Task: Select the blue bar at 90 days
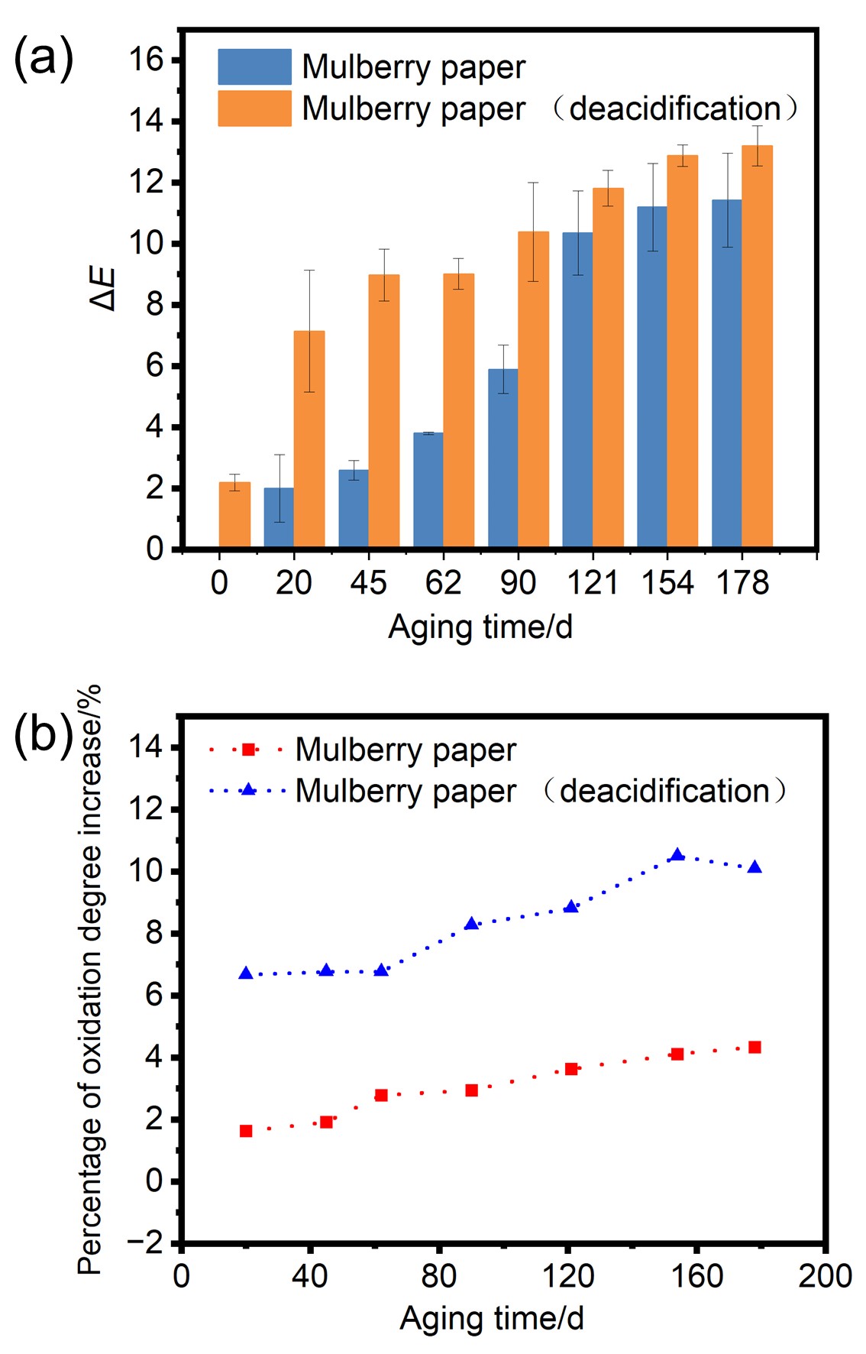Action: (502, 458)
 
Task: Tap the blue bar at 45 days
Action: (354, 508)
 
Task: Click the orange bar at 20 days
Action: (309, 439)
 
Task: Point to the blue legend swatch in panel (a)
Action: (254, 66)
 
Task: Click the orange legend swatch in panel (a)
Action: (254, 109)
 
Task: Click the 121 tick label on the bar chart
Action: (593, 583)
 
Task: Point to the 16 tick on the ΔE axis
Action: (146, 60)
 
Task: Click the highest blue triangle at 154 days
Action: (677, 855)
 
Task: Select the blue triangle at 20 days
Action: (246, 973)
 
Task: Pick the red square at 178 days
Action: (755, 1047)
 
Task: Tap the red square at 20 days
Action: (246, 1131)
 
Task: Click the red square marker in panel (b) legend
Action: (248, 750)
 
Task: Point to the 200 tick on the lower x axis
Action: (825, 1276)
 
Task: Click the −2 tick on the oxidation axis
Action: (144, 1243)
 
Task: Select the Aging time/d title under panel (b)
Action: (492, 1318)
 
